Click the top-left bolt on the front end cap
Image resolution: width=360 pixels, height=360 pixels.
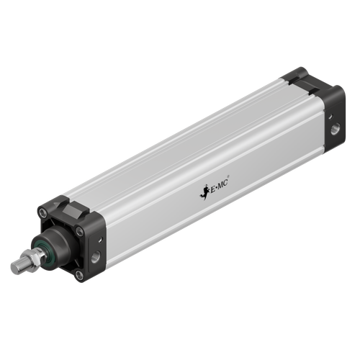[42, 212]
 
